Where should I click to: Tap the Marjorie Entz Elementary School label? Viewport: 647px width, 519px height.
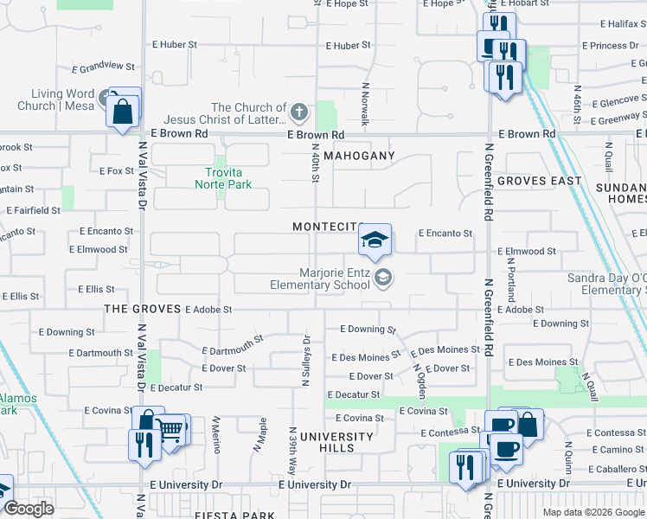pyautogui.click(x=320, y=279)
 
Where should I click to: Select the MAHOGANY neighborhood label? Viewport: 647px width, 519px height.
pyautogui.click(x=360, y=156)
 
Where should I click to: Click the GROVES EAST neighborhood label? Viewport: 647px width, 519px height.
pyautogui.click(x=540, y=181)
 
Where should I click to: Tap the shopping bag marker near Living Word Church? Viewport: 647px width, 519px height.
pyautogui.click(x=123, y=111)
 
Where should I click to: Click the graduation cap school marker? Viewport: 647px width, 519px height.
pyautogui.click(x=375, y=240)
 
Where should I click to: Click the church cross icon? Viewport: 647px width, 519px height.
pyautogui.click(x=298, y=111)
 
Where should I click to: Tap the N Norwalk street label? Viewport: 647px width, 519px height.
pyautogui.click(x=366, y=105)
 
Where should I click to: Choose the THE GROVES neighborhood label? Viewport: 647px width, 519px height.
pyautogui.click(x=143, y=309)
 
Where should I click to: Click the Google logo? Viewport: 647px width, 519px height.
pyautogui.click(x=29, y=509)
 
